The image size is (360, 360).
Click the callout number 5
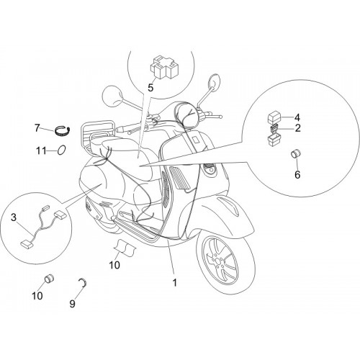(150, 88)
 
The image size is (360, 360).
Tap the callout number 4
(297, 117)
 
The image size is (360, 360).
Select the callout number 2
(297, 128)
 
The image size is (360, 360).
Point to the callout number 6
(297, 175)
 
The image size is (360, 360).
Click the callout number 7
(37, 128)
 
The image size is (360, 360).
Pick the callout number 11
(41, 151)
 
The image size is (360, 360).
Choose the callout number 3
(14, 217)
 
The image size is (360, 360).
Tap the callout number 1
(175, 283)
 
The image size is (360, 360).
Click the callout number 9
(72, 304)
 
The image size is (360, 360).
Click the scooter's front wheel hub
(218, 261)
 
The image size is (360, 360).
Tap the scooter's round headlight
(186, 112)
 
